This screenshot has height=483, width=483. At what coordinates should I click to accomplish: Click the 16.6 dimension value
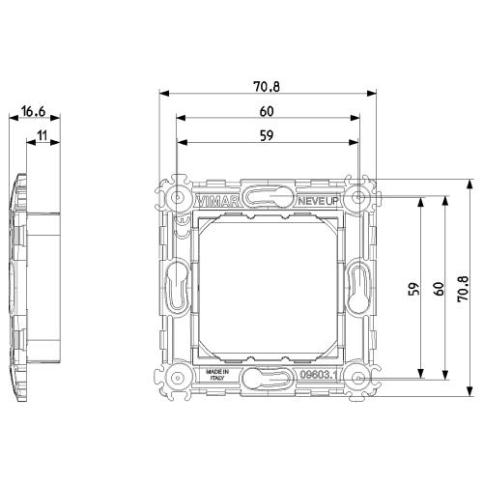click(x=34, y=111)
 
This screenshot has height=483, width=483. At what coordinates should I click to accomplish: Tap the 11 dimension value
click(x=43, y=135)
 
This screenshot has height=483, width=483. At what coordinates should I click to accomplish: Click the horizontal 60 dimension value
click(x=267, y=111)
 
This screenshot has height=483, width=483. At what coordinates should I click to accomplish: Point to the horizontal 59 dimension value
click(x=267, y=135)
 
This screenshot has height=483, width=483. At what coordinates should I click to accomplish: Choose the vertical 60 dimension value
click(x=439, y=289)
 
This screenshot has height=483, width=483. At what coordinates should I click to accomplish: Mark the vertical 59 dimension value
click(x=414, y=289)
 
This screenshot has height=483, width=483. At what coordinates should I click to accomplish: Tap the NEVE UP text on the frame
click(x=318, y=201)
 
